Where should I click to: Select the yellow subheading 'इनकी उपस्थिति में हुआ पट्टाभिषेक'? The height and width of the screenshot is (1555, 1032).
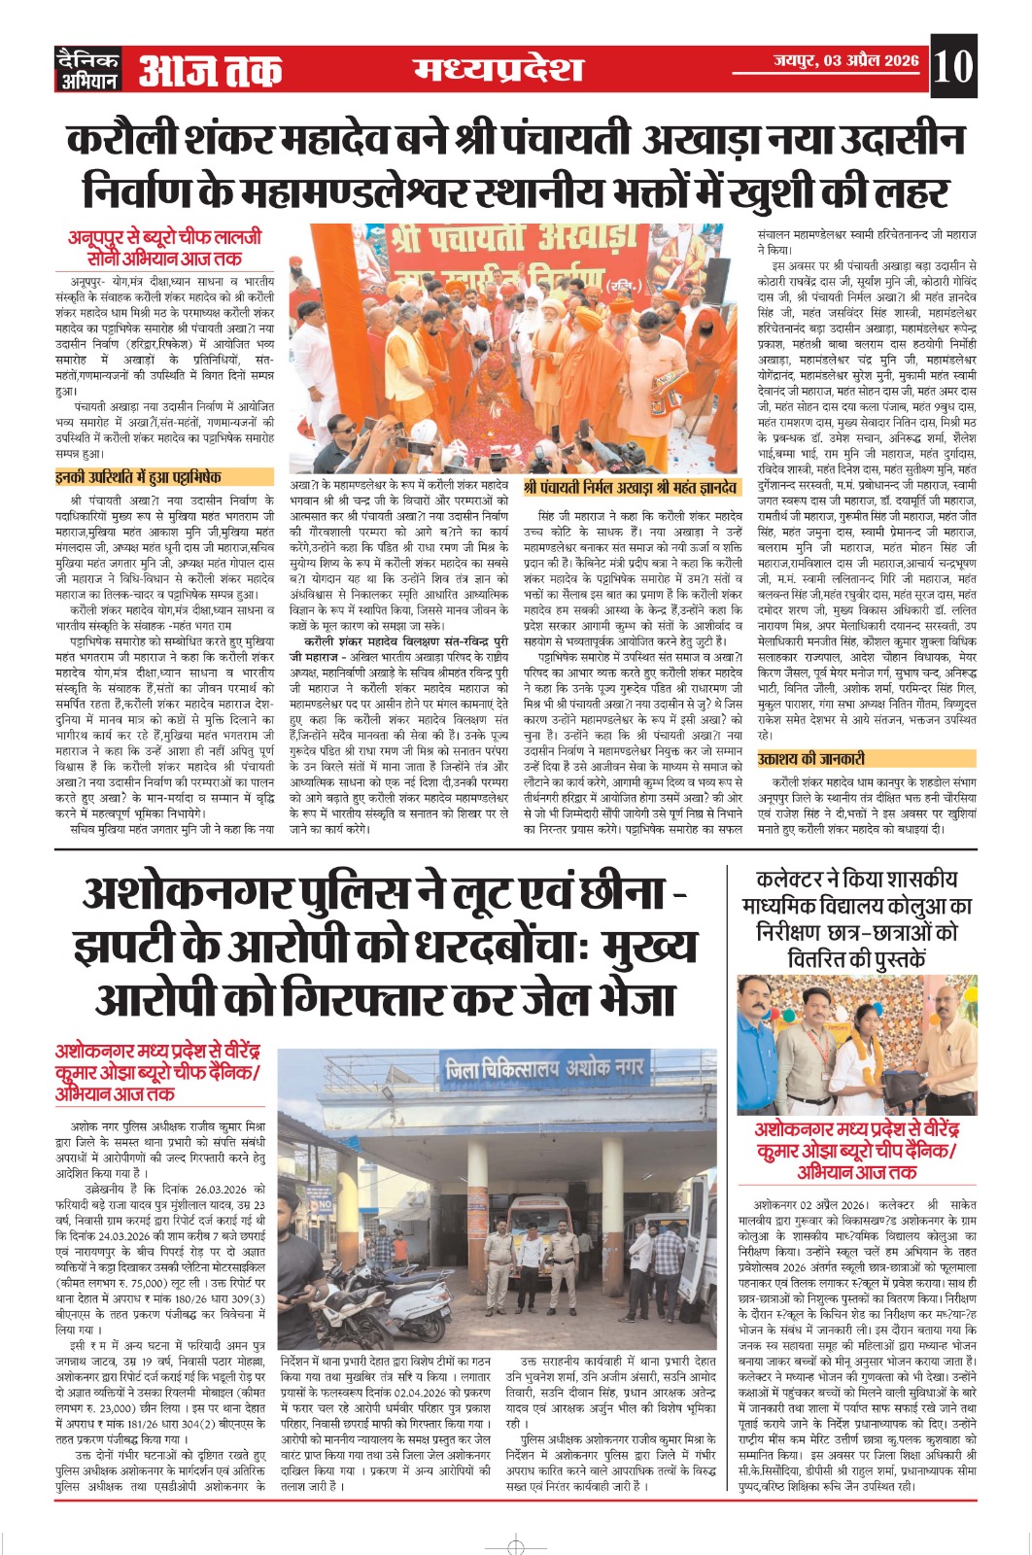(139, 477)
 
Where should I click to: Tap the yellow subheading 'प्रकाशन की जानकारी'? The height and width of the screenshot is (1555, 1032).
(812, 759)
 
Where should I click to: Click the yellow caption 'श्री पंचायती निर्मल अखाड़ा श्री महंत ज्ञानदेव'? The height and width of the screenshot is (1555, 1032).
(630, 488)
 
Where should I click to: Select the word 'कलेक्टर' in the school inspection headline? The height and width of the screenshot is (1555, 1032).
(793, 880)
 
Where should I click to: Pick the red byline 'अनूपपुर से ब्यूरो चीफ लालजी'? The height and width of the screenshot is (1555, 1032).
(165, 236)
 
